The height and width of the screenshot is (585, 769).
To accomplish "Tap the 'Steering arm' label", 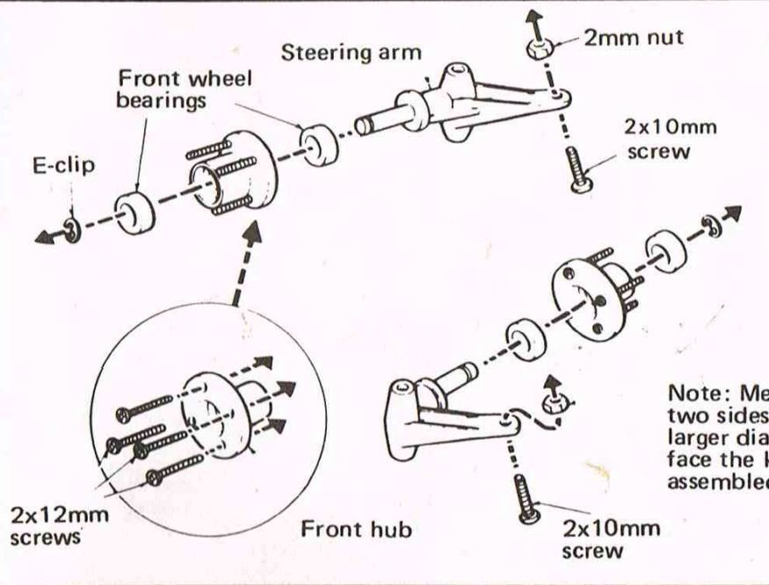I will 351,52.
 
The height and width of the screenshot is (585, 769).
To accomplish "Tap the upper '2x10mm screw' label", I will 671,137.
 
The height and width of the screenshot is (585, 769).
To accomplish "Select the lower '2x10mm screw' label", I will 611,540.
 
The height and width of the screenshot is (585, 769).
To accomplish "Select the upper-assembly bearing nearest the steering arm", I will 319,144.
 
